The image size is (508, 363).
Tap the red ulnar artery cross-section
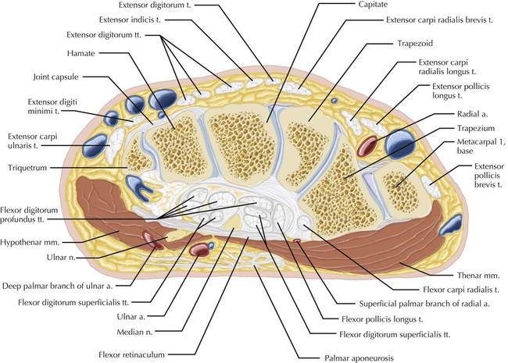tap(201, 251)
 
